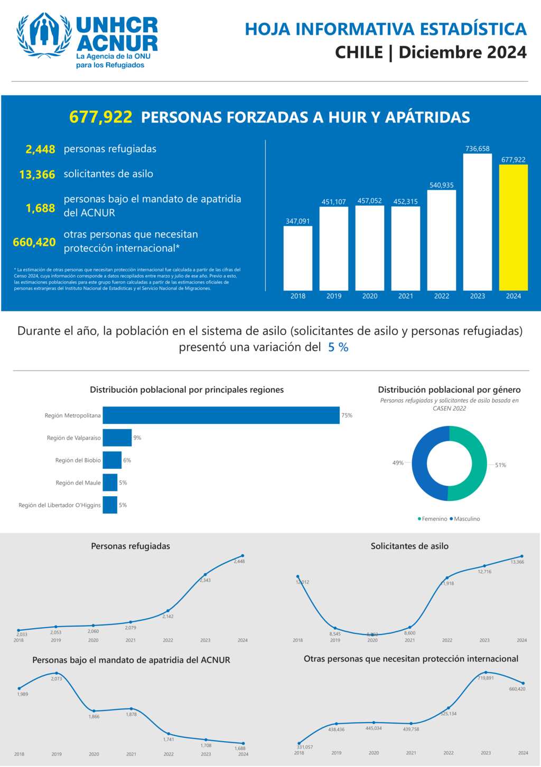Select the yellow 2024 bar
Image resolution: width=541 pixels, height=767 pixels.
pos(513,228)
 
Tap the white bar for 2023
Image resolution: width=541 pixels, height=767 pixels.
pos(477,222)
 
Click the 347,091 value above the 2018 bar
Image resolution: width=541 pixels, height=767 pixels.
pos(297,221)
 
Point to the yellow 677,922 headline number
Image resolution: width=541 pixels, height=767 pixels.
pos(100,117)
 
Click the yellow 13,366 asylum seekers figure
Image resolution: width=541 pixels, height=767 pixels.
pos(37,175)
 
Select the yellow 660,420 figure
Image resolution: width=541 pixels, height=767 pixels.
pos(34,242)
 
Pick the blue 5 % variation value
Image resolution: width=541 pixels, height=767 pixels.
pos(338,347)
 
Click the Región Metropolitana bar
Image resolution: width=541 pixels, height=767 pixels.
pos(221,415)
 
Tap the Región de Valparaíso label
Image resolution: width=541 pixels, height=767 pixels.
pos(73,438)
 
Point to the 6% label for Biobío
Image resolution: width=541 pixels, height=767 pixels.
pos(127,460)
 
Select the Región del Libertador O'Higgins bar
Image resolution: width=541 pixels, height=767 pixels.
pos(110,505)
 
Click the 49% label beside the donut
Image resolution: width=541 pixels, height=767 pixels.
pos(398,463)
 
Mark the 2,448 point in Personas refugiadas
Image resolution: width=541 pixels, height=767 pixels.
pos(242,555)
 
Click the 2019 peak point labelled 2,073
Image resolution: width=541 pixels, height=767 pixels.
pos(57,673)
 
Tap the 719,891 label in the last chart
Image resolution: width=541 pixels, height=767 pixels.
pos(486,678)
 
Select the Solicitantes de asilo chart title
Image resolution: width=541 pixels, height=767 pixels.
pos(409,546)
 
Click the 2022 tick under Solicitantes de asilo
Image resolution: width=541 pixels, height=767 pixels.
pos(447,640)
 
